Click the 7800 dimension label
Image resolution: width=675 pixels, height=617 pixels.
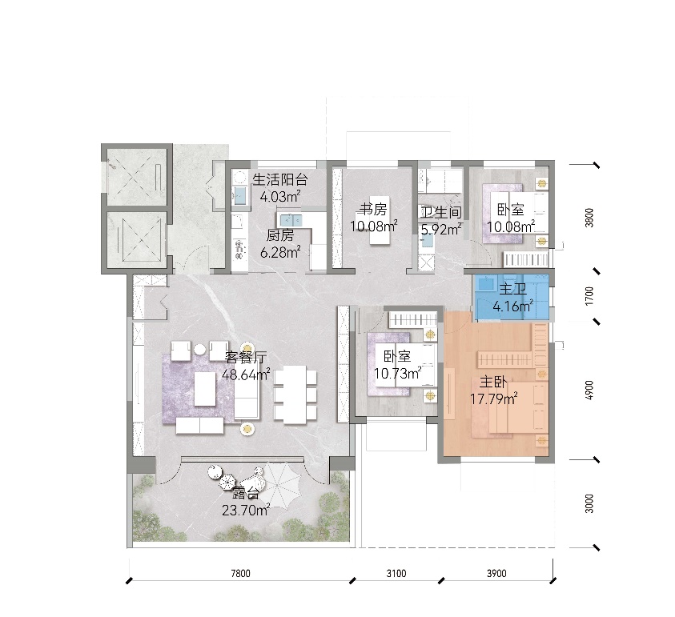tap(240, 573)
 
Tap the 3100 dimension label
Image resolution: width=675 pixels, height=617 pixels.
tap(396, 573)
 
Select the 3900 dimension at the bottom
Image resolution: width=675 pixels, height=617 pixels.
tap(496, 573)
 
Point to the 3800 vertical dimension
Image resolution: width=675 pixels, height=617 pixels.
tap(589, 218)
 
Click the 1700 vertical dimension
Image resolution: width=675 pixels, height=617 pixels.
tap(589, 296)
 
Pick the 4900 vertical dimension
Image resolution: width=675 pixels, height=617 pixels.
tap(589, 390)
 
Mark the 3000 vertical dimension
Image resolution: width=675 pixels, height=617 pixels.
tap(589, 503)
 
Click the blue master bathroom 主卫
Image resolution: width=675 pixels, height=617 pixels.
tap(511, 297)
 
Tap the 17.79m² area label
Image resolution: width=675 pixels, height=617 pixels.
tap(493, 399)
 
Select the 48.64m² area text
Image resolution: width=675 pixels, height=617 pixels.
tap(247, 375)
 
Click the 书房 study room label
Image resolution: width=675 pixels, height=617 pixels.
tap(374, 210)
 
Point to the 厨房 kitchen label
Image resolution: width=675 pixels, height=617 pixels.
tap(280, 235)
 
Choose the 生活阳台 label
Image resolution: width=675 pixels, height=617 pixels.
tap(280, 179)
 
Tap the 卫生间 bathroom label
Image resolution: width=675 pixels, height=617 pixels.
tap(441, 212)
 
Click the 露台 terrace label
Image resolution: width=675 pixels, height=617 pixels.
tap(245, 494)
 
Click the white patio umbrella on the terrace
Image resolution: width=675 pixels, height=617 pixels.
tap(283, 483)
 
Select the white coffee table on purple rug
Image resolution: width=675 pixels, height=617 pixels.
tap(205, 389)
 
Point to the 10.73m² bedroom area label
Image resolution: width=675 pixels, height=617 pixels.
tap(397, 374)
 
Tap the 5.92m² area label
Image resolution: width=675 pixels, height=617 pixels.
tap(441, 230)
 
